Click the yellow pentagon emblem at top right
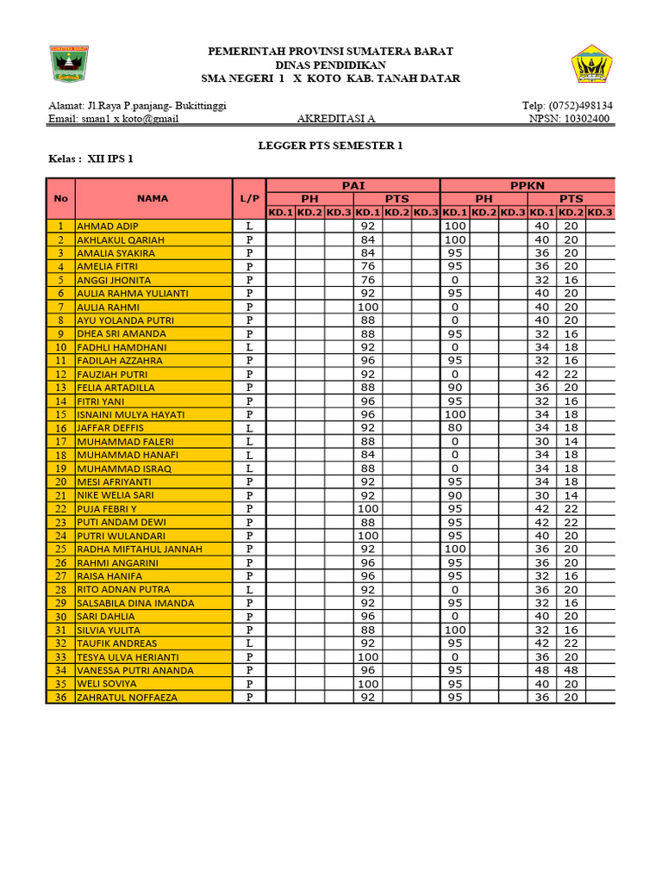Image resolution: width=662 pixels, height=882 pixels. (x=592, y=65)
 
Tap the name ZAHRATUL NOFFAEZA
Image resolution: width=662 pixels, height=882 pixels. (x=127, y=697)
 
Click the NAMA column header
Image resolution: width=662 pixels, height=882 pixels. (x=153, y=198)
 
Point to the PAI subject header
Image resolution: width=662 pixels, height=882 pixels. (x=353, y=185)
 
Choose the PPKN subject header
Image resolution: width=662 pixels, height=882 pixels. (x=527, y=185)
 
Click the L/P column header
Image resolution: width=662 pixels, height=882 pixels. (x=249, y=198)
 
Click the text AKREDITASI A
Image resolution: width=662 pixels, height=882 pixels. (x=336, y=119)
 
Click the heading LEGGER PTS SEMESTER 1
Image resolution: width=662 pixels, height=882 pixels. (x=331, y=146)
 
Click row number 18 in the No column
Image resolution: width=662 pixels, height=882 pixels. (x=60, y=455)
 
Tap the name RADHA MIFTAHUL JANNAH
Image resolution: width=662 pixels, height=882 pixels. (x=140, y=549)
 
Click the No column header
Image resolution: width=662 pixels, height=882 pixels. (x=60, y=198)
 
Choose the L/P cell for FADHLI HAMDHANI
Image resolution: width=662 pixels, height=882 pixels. (x=249, y=347)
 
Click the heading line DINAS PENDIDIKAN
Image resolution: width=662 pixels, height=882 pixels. (x=330, y=65)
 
